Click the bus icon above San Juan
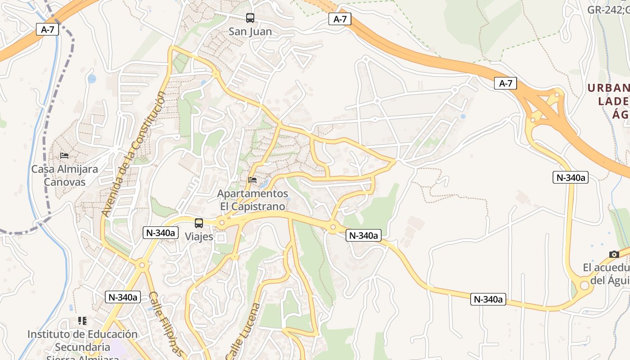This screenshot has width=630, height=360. pos(250,18)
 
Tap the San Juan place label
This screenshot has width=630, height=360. pos(250,31)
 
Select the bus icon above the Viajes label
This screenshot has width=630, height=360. pos(198,223)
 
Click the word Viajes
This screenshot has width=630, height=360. pos(199,237)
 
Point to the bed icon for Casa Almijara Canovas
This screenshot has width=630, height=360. pos(64,156)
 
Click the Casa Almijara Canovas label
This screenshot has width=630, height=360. pos(64,175)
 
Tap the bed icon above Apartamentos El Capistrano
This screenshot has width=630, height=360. pos(252,180)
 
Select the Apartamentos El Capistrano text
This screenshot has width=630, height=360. pos(252,200)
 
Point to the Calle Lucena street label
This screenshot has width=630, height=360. pos(243,331)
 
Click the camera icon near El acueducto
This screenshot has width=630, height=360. pos(614,255)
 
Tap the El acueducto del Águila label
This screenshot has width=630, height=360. pos(606,274)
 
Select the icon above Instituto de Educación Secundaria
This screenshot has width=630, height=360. pos(82,321)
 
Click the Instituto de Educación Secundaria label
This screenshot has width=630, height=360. pos(82,347)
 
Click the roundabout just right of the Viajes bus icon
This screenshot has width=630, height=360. pos(221,223)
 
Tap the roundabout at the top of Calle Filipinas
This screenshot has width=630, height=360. pos(142,265)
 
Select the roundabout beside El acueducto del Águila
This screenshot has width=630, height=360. pos(584,285)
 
